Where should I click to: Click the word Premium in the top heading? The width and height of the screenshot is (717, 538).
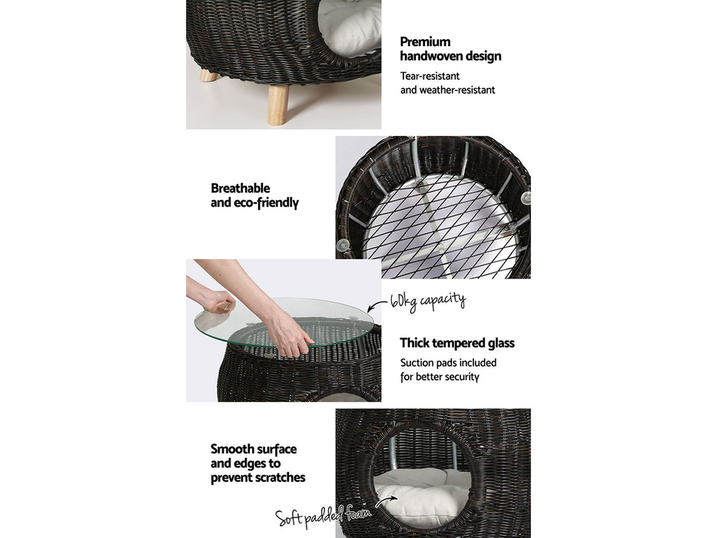coord(425,42)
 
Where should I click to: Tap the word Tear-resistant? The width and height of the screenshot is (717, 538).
coord(430,76)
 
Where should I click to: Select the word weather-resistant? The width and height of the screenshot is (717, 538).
coord(458,90)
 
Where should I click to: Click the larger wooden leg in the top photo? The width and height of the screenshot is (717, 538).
coord(277,104)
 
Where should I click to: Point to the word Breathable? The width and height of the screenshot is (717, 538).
coord(241,188)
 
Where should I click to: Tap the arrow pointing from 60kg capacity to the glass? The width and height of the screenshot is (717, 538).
coord(377,308)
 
